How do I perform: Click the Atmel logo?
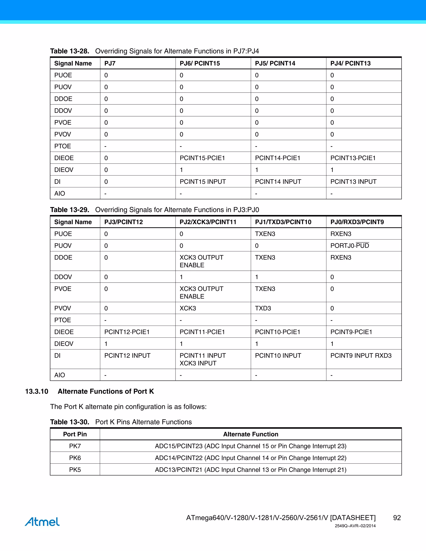click(42, 521)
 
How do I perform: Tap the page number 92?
click(397, 518)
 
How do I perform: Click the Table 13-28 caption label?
click(70, 51)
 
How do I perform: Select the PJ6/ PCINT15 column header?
click(200, 63)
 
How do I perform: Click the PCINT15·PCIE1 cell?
click(202, 158)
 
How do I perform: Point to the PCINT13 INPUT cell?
click(353, 182)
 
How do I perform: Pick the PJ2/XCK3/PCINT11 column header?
click(208, 222)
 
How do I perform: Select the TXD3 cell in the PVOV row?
click(263, 308)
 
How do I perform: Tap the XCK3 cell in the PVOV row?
click(188, 308)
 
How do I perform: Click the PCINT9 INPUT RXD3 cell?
click(361, 356)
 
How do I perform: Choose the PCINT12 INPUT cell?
click(127, 356)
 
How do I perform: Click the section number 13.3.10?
click(37, 391)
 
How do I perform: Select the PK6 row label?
click(75, 458)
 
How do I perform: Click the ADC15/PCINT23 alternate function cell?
click(250, 446)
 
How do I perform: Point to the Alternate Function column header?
click(250, 434)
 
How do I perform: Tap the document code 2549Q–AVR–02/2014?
click(355, 526)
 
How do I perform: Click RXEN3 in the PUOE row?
click(341, 234)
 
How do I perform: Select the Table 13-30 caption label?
click(70, 422)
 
